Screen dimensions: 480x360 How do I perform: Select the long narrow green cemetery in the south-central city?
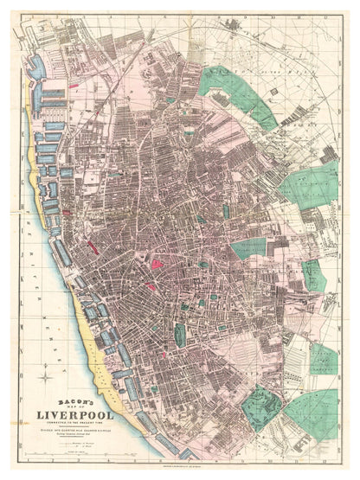pyautogui.click(x=181, y=335)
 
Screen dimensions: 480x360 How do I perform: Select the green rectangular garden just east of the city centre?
pyautogui.click(x=248, y=250)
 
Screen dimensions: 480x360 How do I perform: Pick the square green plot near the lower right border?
pyautogui.click(x=322, y=357)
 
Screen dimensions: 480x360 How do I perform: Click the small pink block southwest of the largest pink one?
pyautogui.click(x=150, y=285)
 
